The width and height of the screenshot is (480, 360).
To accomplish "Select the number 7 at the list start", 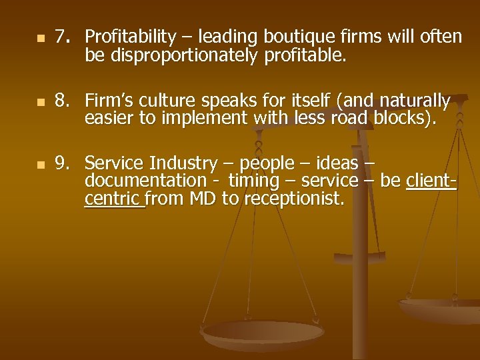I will (x=62, y=37).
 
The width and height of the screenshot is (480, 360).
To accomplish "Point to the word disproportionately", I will (x=181, y=55).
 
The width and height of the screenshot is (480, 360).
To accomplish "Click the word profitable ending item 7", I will (x=305, y=55).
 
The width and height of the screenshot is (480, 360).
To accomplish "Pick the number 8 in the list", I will (x=62, y=101).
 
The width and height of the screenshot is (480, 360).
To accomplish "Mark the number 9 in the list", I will (x=62, y=163).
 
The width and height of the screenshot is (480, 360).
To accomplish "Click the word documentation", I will (x=146, y=181).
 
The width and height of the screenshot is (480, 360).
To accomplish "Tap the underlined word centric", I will (x=114, y=198).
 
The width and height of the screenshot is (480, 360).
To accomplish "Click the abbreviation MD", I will (x=201, y=198).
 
